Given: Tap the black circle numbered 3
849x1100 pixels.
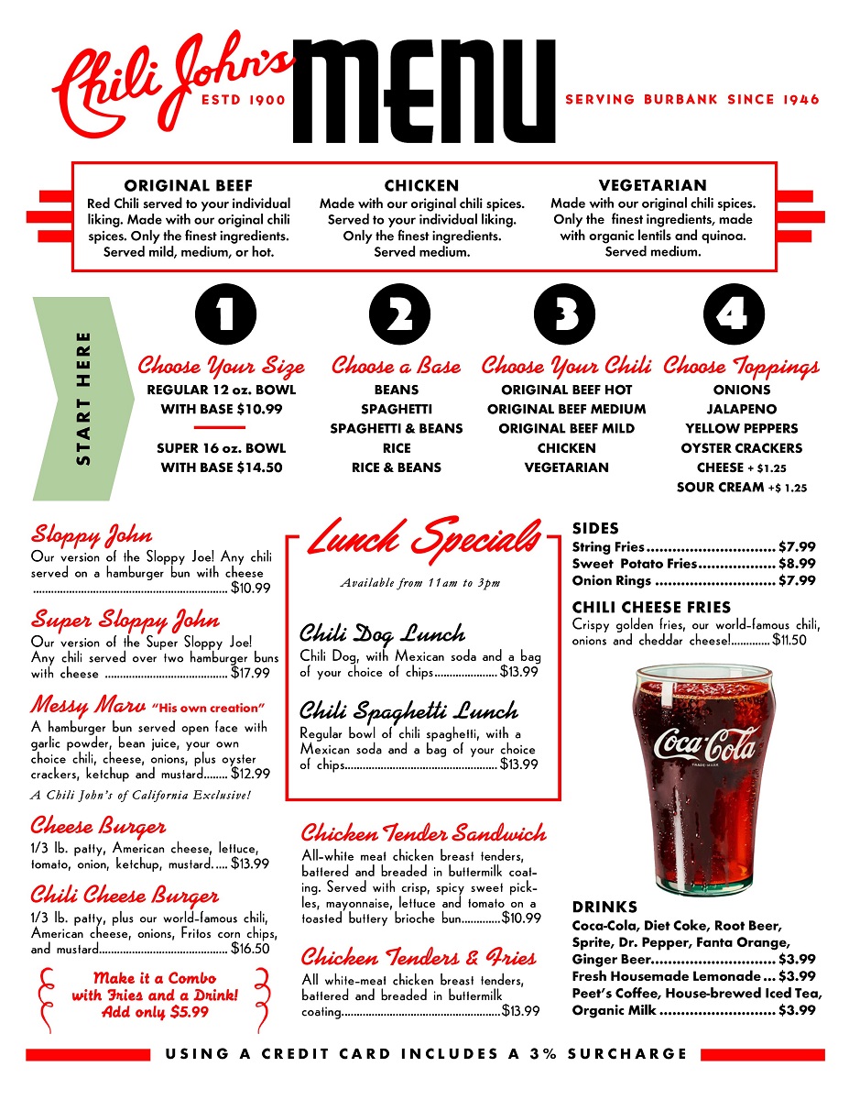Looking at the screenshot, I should (566, 315).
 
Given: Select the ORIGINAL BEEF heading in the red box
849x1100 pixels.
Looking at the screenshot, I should (189, 185).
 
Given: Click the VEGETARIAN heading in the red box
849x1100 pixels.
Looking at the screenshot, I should (652, 185).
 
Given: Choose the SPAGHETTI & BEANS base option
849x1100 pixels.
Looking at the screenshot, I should (397, 429).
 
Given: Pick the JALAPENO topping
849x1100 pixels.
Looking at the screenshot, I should (741, 410).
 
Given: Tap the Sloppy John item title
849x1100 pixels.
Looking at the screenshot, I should (92, 533).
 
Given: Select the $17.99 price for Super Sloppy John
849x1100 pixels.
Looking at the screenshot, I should (250, 674).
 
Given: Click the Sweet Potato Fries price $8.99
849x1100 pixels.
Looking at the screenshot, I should (796, 564).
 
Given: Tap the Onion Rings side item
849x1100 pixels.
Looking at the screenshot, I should (612, 580).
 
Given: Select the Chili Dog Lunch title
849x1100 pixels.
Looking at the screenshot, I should (382, 633).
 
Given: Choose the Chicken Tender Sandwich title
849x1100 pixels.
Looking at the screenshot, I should (423, 833).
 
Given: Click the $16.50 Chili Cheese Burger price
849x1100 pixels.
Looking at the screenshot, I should (250, 949).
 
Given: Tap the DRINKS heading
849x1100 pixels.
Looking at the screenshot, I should (604, 907).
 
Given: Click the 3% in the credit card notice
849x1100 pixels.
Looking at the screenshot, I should (539, 1054).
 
